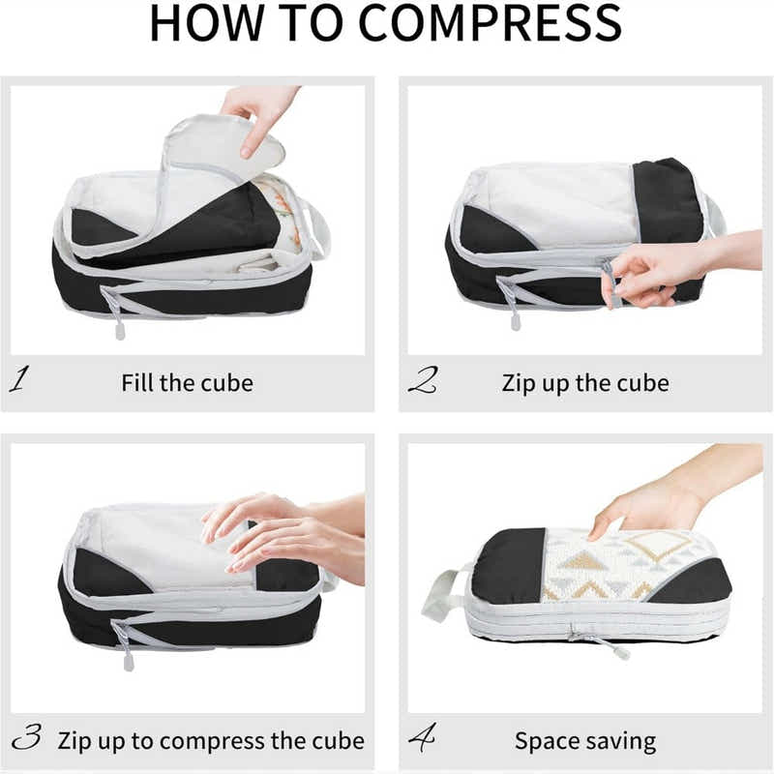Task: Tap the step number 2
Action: click(x=422, y=380)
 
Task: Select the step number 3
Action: click(x=26, y=740)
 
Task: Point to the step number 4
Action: click(x=422, y=740)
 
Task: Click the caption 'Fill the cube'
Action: click(x=187, y=382)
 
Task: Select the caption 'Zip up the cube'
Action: click(x=584, y=382)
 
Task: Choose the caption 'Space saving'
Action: click(x=584, y=742)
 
